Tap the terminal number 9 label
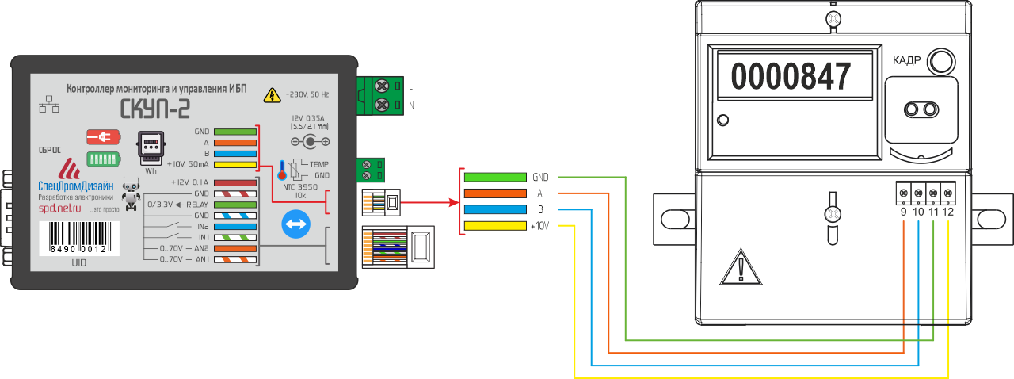pos(903,211)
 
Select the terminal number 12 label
pos(948,211)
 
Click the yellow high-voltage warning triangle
pos(272,95)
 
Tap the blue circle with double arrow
pos(296,224)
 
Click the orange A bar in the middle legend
pos(494,193)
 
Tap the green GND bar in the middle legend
pos(494,177)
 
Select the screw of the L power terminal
pos(381,85)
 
